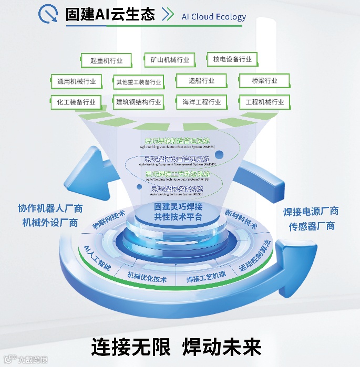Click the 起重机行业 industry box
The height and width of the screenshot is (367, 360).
(106, 60)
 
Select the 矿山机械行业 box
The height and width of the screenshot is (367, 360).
(169, 60)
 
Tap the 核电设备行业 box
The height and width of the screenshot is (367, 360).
(232, 59)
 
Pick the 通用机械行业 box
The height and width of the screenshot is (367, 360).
(77, 81)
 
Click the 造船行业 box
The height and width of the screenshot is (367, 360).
(201, 81)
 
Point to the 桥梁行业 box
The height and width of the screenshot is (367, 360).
(264, 81)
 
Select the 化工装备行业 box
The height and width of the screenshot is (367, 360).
(77, 102)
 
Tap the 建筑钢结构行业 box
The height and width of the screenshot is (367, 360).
(139, 102)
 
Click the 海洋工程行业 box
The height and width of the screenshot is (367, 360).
(201, 102)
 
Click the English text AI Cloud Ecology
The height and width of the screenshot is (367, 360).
(213, 16)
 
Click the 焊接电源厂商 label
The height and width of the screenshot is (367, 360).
(311, 212)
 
